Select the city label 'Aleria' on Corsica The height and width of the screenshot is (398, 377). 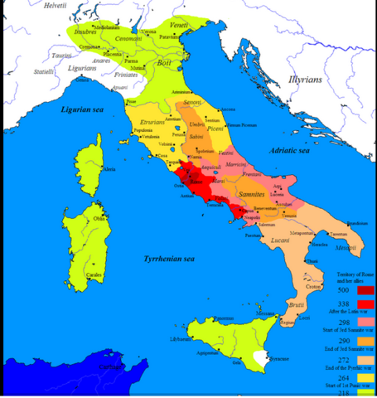pyautogui.click(x=109, y=169)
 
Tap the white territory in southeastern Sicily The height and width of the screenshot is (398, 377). pyautogui.click(x=263, y=357)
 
